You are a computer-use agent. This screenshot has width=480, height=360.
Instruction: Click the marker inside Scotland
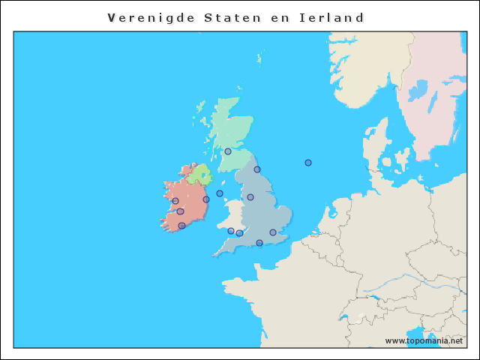pos(228,151)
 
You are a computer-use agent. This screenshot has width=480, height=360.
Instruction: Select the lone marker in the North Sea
pos(308,163)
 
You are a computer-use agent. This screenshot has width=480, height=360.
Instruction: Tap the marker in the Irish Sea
pos(220,193)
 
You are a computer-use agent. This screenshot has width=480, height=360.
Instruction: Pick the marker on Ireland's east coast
pos(206,199)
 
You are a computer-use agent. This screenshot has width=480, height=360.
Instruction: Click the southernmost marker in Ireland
pos(181,226)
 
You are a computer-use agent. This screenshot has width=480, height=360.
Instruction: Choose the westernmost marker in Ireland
pos(175,201)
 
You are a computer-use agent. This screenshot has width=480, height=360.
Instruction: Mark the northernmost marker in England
pos(257,169)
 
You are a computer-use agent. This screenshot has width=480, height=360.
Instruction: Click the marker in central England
pos(250,197)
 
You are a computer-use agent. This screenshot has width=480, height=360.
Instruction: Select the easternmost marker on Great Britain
pos(273,232)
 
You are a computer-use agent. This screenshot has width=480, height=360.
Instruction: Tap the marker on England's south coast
pos(259,243)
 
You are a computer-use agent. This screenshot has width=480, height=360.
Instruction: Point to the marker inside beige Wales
pos(231,231)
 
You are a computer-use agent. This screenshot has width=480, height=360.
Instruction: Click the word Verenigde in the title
pos(150,17)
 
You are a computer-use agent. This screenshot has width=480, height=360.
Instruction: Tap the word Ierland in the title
pos(334,17)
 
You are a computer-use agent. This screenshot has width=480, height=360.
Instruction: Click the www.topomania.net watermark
pos(424,340)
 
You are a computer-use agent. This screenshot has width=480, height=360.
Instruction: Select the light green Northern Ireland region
pos(199,176)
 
